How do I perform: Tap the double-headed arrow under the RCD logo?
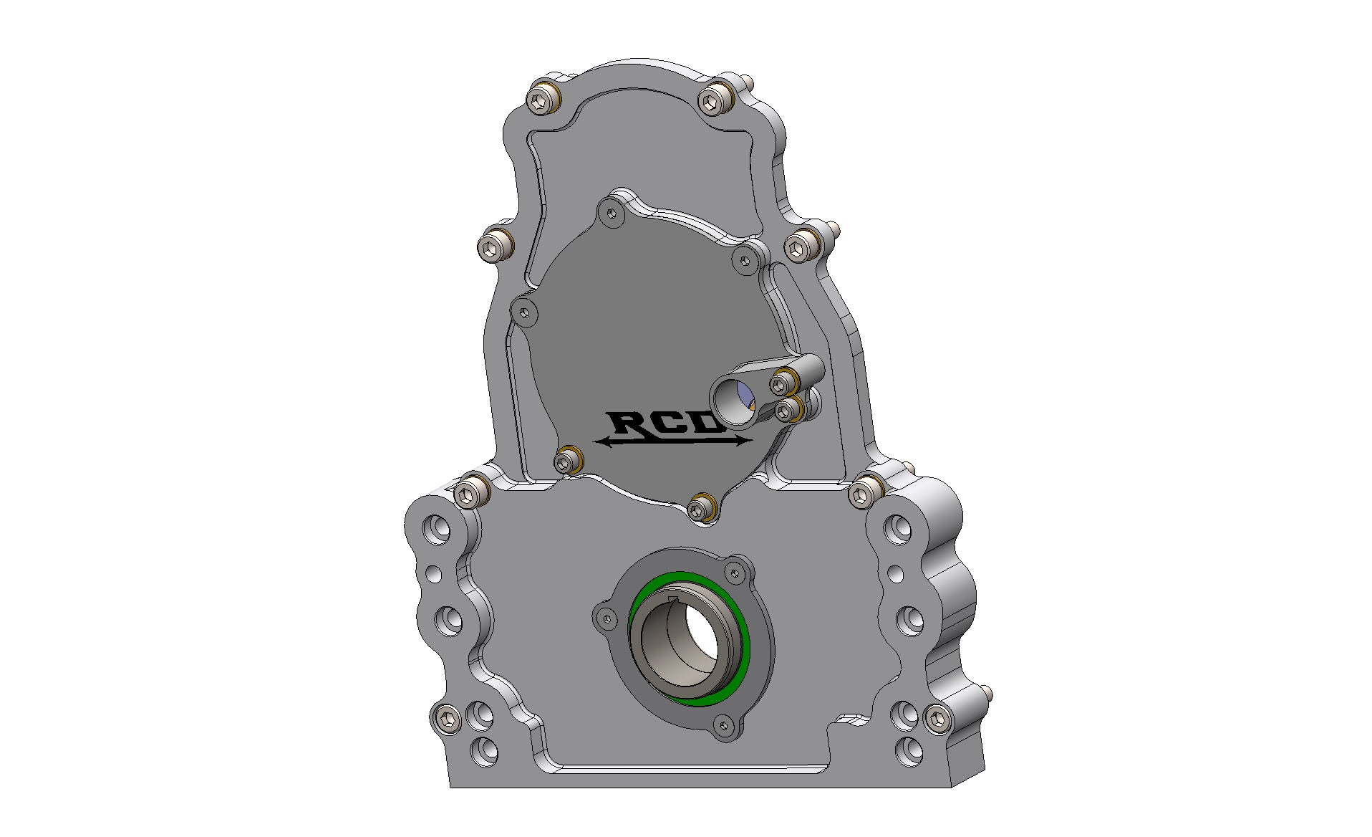(673, 441)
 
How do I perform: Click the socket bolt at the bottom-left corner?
(446, 717)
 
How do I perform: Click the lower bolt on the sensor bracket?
(786, 410)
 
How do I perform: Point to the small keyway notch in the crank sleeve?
(672, 600)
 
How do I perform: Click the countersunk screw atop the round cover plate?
(611, 213)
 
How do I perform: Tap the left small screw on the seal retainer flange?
(608, 617)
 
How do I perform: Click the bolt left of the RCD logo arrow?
(567, 459)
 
